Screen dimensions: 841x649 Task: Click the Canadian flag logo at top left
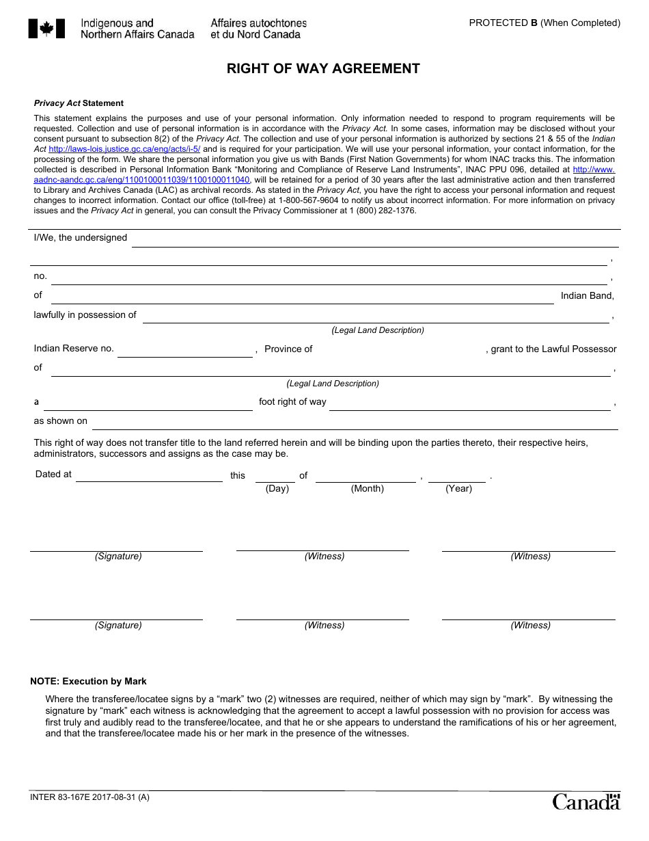click(x=46, y=29)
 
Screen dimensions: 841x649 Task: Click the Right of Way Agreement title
click(x=323, y=68)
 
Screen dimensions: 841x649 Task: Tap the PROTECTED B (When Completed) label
click(x=544, y=23)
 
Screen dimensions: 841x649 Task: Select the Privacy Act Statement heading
click(x=79, y=103)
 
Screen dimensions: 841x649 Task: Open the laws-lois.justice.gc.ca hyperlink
click(x=124, y=148)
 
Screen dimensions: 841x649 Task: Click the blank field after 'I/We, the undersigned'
click(x=374, y=239)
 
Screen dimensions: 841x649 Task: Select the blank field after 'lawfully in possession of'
click(x=376, y=316)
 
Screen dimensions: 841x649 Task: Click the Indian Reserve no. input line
click(x=184, y=350)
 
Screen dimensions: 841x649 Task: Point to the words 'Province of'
click(x=288, y=349)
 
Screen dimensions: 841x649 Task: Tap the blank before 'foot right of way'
click(x=148, y=403)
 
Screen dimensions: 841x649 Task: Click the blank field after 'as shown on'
click(x=354, y=423)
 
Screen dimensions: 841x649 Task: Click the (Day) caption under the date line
click(x=277, y=488)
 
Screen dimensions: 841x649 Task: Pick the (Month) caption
click(x=367, y=488)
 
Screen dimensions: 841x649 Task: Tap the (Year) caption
click(x=458, y=488)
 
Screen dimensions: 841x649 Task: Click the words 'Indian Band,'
click(x=587, y=295)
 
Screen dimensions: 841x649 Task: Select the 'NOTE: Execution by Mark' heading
click(x=88, y=681)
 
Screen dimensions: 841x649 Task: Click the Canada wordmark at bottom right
click(x=585, y=801)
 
